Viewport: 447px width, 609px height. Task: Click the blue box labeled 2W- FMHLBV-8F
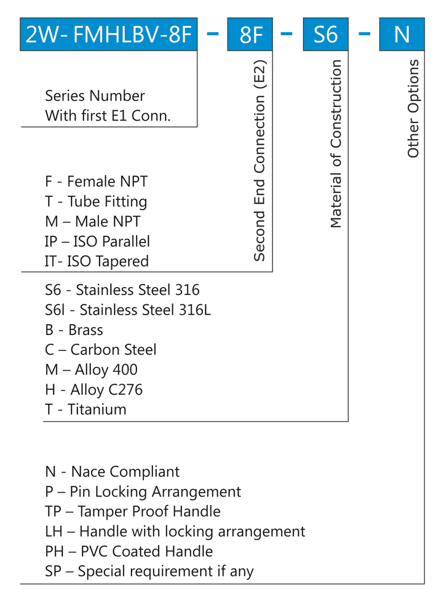coord(108,34)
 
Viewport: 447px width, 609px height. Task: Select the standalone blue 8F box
coord(250,34)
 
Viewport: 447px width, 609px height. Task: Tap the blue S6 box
coord(325,34)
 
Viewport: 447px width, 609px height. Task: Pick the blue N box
coord(402,34)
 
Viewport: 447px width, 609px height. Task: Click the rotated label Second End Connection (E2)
coord(260,160)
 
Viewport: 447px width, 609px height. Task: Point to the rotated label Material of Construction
coord(336,144)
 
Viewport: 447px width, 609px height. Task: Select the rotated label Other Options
coord(413,108)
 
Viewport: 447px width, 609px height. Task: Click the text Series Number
coord(95,96)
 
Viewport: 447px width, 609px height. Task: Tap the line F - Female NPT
coord(96,182)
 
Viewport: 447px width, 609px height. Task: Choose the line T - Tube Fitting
coord(96,201)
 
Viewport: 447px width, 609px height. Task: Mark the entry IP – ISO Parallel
coord(97,241)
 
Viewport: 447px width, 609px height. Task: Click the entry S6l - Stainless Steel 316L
coord(128,310)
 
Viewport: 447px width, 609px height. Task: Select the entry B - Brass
coord(74,330)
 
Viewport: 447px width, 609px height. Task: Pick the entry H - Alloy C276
coord(93,390)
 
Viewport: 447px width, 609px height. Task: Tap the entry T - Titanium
coord(85,409)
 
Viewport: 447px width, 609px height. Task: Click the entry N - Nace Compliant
coord(112,472)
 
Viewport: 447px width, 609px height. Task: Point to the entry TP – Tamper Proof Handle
coord(132,512)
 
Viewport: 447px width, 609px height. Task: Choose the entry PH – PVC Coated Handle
coord(129,551)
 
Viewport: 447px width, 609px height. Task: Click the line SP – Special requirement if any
coord(149,571)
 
